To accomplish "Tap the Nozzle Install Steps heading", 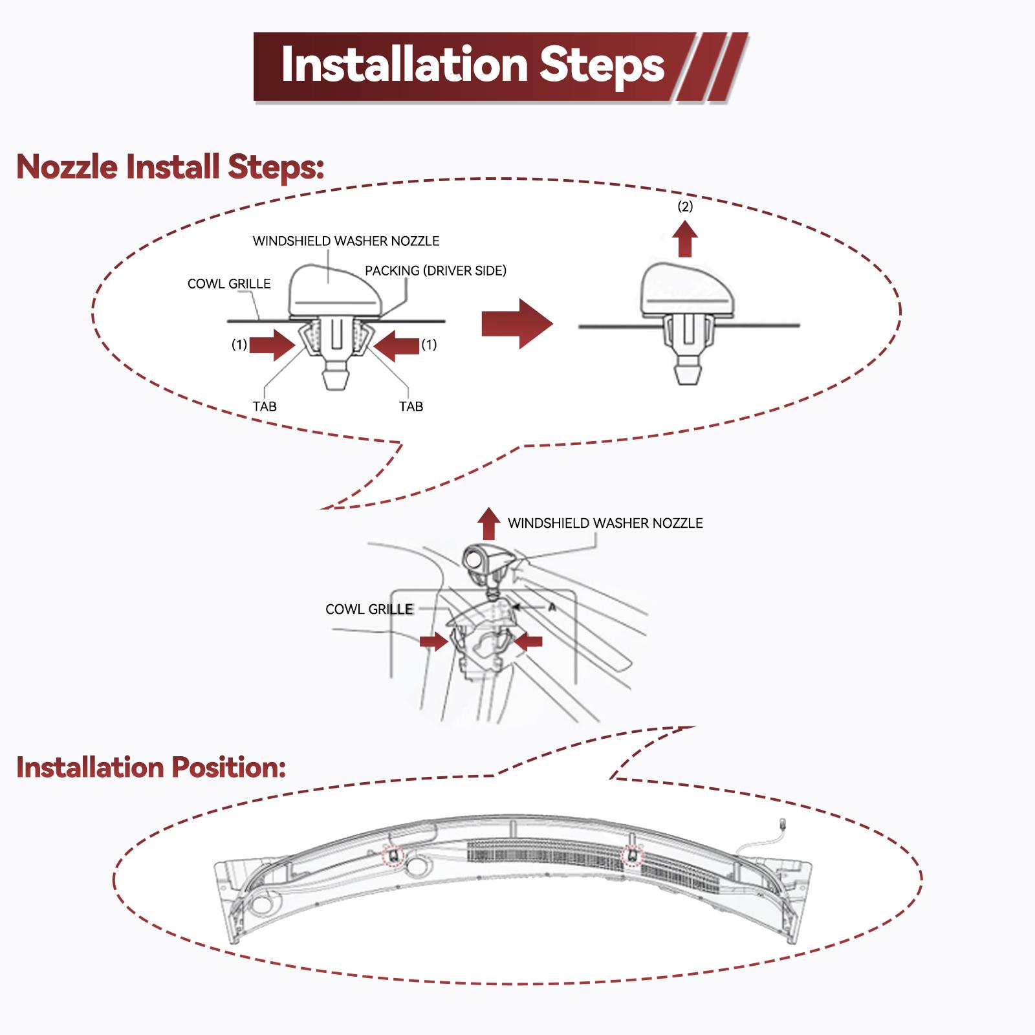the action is [170, 167].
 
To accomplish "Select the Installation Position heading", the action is [151, 767].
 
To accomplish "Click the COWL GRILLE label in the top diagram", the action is [229, 284].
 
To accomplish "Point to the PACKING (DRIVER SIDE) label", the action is [435, 271].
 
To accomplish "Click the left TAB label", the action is [265, 406].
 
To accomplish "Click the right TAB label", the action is [411, 406].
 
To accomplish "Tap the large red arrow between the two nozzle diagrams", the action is [517, 324].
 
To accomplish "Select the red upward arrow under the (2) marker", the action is [685, 239].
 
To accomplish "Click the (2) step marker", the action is [685, 207].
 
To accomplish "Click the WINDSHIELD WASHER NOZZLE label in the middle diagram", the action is [605, 523].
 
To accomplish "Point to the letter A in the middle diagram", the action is [552, 608].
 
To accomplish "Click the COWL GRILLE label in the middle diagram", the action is [369, 609].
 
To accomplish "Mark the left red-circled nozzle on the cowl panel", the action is [393, 856].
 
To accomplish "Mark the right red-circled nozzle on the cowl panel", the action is [633, 856].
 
